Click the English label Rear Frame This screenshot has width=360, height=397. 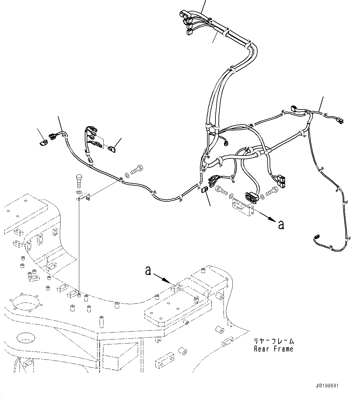tap(273, 349)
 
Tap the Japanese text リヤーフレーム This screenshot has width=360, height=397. tap(273, 341)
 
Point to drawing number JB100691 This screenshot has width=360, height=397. tap(327, 386)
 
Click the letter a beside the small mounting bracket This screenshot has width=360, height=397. tap(281, 225)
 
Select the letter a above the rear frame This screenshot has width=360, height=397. tap(148, 271)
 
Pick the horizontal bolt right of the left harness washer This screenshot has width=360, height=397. tap(137, 169)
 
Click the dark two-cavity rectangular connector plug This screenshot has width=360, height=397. tap(251, 197)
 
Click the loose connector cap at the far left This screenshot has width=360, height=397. tap(43, 143)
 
